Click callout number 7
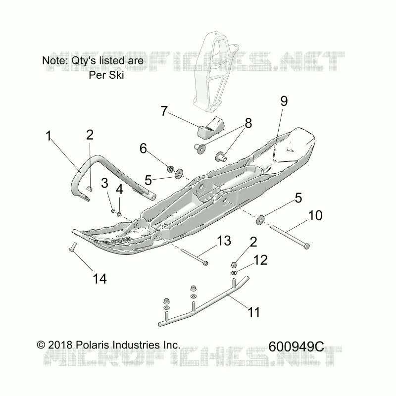pyautogui.click(x=164, y=111)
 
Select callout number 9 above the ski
pyautogui.click(x=284, y=101)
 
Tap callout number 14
pyautogui.click(x=100, y=279)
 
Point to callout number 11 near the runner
pyautogui.click(x=254, y=312)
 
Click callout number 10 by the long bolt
pyautogui.click(x=315, y=215)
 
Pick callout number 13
pyautogui.click(x=224, y=241)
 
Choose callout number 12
pyautogui.click(x=260, y=260)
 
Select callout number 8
pyautogui.click(x=248, y=123)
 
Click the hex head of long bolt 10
pyautogui.click(x=306, y=246)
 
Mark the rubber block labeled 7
pyautogui.click(x=210, y=129)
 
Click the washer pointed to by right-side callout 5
pyautogui.click(x=260, y=219)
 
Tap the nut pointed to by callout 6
pyautogui.click(x=171, y=168)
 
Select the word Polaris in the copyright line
pyautogui.click(x=93, y=345)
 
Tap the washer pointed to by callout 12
pyautogui.click(x=234, y=273)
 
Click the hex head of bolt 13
pyautogui.click(x=205, y=263)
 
